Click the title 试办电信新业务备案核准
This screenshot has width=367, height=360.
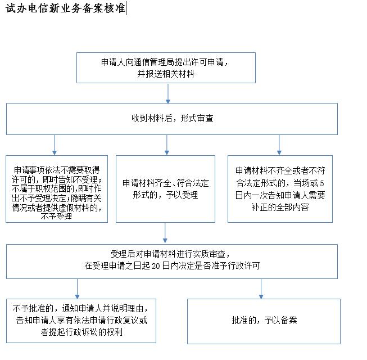tap(66, 8)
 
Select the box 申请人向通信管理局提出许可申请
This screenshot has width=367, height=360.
tap(166, 67)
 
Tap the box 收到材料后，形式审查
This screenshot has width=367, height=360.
tap(172, 119)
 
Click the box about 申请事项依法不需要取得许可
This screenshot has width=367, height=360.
tap(57, 189)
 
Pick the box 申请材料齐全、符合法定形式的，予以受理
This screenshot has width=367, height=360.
tap(165, 189)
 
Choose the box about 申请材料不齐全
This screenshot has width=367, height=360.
tap(280, 189)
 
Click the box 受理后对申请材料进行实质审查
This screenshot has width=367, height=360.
tap(172, 262)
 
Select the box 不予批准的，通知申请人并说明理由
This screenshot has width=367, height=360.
tap(81, 321)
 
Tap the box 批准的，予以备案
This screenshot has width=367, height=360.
tap(264, 321)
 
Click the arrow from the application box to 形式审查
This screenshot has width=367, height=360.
tap(168, 93)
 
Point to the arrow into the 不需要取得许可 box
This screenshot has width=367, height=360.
tap(55, 145)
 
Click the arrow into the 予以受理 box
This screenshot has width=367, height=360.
tap(167, 145)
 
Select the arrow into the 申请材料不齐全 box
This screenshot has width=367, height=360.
tap(279, 145)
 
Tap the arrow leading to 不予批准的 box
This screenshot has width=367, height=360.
tap(77, 289)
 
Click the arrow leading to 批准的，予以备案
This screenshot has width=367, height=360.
tap(261, 289)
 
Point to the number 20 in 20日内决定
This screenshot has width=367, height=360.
tap(156, 266)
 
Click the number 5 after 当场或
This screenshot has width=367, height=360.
tap(322, 183)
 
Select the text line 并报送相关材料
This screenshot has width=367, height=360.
tap(166, 74)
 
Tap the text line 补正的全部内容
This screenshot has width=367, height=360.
tap(280, 208)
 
